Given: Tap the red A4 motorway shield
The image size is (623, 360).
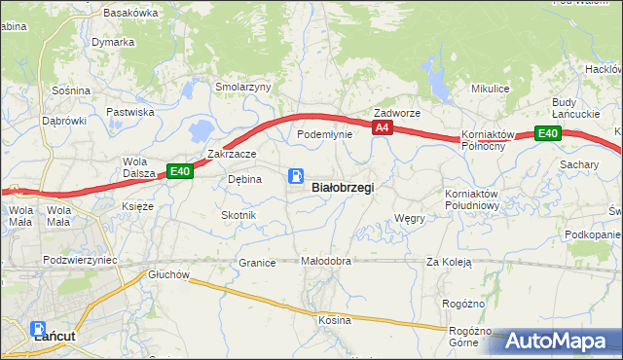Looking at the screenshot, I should coord(383,127).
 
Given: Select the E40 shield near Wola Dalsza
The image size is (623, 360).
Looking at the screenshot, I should coord(179,171).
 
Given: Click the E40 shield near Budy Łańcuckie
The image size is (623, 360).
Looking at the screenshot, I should coord(547,134).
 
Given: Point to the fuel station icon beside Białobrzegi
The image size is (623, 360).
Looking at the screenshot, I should coord(295,176).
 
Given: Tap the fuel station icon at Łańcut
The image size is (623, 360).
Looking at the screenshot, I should coord(38,330).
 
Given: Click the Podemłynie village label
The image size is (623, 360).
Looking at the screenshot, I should coord(324,134).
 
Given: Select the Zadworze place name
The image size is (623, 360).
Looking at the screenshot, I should coord(397,113).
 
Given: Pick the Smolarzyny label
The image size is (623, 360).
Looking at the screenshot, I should coord(243,87).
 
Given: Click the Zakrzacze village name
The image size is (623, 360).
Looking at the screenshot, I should coord(232,154).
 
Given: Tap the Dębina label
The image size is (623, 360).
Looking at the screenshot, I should coord(244,179).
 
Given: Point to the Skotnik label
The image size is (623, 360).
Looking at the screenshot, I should coord(238,214).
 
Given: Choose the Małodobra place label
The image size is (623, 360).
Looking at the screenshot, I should coord(325,262).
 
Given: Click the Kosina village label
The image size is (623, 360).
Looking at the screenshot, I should coord(334,320).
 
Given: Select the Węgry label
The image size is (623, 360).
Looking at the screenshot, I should coord(410,219).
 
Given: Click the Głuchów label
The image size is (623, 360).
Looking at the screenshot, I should coord(167,274).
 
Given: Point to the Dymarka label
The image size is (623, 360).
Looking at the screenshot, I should coord(113,43).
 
